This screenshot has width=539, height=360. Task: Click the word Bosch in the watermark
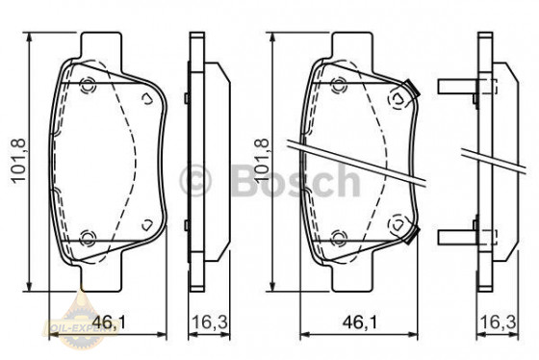coord(294,180)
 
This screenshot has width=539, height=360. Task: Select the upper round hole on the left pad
coord(90,82)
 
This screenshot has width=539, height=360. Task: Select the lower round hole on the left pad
coord(90,238)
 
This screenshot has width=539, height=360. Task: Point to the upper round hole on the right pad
coord(340,82)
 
